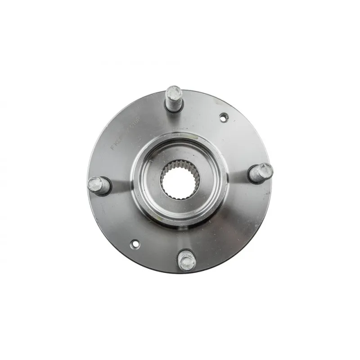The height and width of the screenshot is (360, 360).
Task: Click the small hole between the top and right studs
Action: pyautogui.click(x=224, y=117)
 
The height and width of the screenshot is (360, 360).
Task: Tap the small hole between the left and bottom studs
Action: pyautogui.click(x=135, y=244)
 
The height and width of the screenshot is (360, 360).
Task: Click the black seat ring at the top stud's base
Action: pyautogui.click(x=175, y=108)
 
